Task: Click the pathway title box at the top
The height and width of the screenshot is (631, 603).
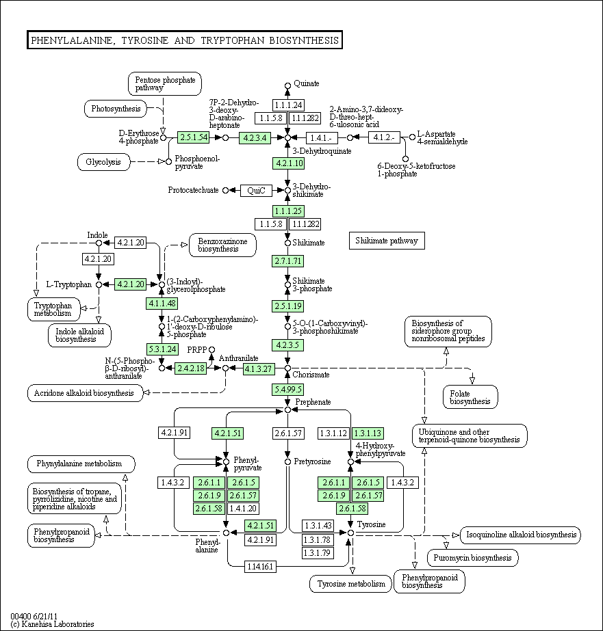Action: (185, 40)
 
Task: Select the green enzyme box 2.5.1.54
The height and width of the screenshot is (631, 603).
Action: (194, 137)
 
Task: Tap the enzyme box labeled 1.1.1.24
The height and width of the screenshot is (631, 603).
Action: (288, 105)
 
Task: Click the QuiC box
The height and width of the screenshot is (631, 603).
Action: (256, 190)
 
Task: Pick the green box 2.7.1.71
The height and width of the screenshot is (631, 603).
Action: (287, 260)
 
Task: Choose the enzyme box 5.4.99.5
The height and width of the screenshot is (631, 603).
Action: (287, 389)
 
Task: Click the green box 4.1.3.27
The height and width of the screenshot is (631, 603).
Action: (259, 368)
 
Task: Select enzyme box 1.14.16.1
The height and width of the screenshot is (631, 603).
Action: (260, 567)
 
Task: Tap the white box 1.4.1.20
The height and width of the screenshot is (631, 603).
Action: (243, 508)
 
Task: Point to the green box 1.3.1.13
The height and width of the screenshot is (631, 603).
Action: (368, 433)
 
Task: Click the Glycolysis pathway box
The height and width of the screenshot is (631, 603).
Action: (103, 162)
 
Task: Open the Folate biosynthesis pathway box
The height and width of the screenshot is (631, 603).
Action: (470, 397)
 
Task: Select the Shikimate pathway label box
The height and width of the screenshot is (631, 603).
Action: (387, 241)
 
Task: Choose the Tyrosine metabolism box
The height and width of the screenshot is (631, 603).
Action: (351, 584)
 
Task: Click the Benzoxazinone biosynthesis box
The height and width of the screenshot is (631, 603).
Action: (222, 245)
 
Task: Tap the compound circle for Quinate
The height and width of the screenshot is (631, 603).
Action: (287, 85)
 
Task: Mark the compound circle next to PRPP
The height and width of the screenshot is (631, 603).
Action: (212, 350)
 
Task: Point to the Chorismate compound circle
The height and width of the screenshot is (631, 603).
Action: (287, 368)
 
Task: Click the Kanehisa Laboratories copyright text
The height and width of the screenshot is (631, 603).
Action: (52, 624)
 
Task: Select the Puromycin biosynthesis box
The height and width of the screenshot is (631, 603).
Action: (473, 558)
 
